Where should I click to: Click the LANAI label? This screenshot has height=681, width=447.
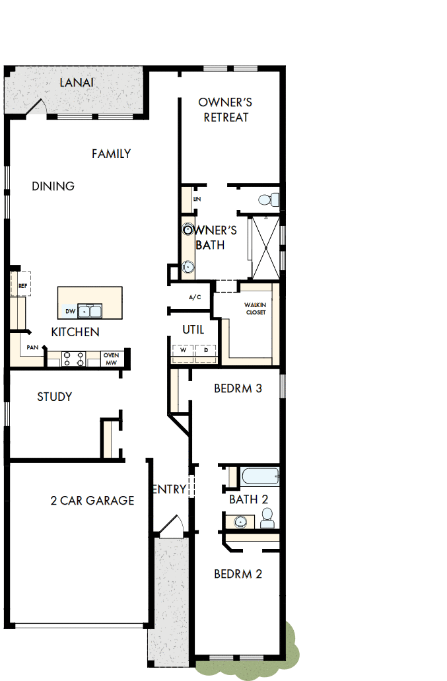coord(77,83)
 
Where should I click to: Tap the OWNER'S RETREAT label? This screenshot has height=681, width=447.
coord(226,110)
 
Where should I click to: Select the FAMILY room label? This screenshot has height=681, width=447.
coord(111,154)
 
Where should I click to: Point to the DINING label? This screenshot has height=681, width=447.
coord(53,186)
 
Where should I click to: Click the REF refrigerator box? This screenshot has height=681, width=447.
coord(22,285)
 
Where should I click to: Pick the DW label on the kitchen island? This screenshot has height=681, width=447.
coord(70,310)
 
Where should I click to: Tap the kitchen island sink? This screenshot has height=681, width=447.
coord(90,310)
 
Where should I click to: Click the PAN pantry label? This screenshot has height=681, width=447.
coord(32,347)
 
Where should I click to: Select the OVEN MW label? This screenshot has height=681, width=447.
coord(110,359)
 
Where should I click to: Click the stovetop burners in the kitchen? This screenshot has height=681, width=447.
coord(73,359)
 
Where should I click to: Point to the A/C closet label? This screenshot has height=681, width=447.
coord(195,298)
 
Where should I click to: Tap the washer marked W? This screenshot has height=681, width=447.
coord(183,351)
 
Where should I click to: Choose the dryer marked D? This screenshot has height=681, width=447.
coord(206,351)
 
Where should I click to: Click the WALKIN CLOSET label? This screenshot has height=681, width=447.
coord(255,308)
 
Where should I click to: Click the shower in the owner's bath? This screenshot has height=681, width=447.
coord(265,248)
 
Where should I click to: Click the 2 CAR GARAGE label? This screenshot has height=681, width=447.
coord(92,501)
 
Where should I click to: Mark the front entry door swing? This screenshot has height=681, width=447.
coord(172,526)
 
